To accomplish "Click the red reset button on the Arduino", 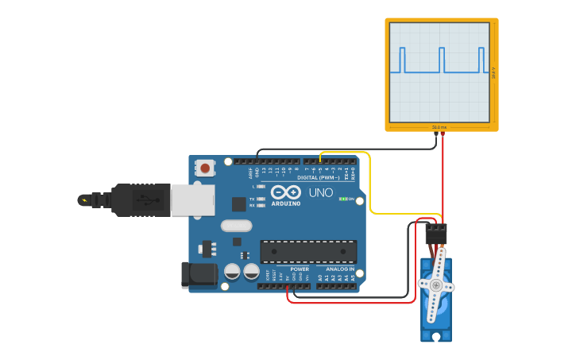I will [x=206, y=168].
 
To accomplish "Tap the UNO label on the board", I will [x=320, y=192].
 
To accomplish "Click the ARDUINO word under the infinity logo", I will [x=286, y=203].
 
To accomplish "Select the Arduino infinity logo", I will [x=285, y=192].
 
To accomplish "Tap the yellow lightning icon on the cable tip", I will [x=83, y=199].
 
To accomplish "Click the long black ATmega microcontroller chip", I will [x=308, y=251].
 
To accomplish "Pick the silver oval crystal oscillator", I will [x=236, y=226].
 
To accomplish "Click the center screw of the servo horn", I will [x=435, y=284].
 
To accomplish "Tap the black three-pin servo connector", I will [x=435, y=233].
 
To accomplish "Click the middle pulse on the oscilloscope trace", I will [x=442, y=60].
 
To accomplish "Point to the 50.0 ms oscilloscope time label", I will [x=439, y=127].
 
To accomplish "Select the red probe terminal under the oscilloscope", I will [x=443, y=134].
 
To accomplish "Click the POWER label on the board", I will [x=300, y=269].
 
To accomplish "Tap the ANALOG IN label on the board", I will [x=340, y=269].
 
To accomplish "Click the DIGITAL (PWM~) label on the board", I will [x=319, y=177].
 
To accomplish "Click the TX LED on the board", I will [x=261, y=199].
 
